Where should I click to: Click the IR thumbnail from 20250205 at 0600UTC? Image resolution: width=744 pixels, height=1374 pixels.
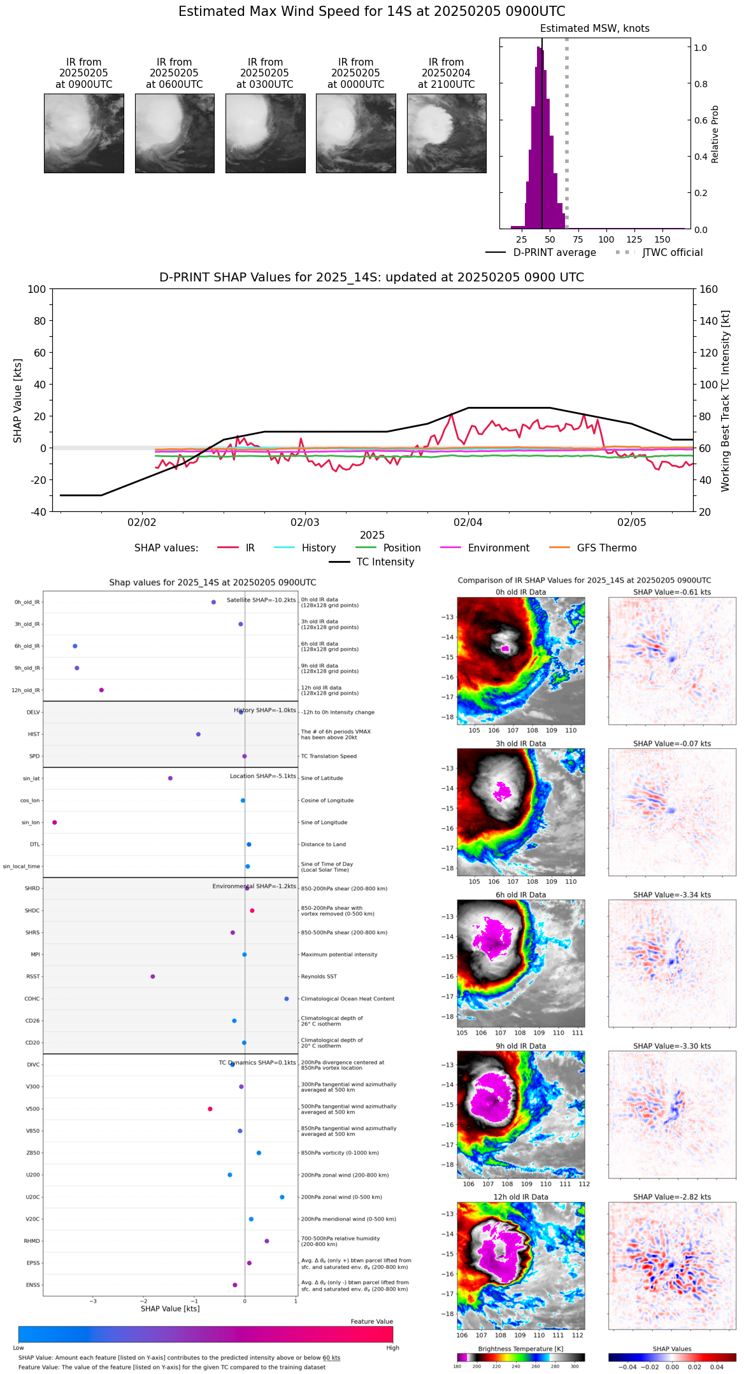point(175,133)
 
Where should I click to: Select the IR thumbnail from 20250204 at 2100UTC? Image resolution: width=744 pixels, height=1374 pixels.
point(447,133)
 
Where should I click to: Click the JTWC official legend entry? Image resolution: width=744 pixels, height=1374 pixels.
point(672,253)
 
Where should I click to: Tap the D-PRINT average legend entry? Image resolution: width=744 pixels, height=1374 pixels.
point(554,253)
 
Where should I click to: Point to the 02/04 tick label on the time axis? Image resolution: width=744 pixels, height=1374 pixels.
point(468,523)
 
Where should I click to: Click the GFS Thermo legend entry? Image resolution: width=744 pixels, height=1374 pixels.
point(606,548)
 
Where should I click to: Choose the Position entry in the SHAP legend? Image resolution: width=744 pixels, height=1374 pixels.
point(401,548)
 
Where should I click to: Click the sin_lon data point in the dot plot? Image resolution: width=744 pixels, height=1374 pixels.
point(55,823)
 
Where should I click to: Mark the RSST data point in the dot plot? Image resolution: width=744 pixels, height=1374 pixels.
point(152,977)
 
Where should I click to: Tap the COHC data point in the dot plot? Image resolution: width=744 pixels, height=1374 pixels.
point(287,999)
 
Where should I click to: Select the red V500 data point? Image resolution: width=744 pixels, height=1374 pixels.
point(210,1109)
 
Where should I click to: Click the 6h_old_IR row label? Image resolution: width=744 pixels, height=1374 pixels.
point(27,646)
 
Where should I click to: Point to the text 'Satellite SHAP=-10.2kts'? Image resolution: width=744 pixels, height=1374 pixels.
point(261,600)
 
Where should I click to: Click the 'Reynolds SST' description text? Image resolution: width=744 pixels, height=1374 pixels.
point(318,977)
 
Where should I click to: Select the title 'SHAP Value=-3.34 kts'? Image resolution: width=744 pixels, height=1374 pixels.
point(672,895)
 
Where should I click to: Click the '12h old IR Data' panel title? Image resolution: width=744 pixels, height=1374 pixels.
point(520,1197)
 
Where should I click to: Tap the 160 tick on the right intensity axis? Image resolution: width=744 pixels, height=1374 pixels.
point(708,290)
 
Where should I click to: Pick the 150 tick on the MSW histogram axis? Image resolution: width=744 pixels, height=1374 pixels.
point(662,240)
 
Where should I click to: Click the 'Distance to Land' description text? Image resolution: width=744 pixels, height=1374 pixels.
point(323,845)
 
